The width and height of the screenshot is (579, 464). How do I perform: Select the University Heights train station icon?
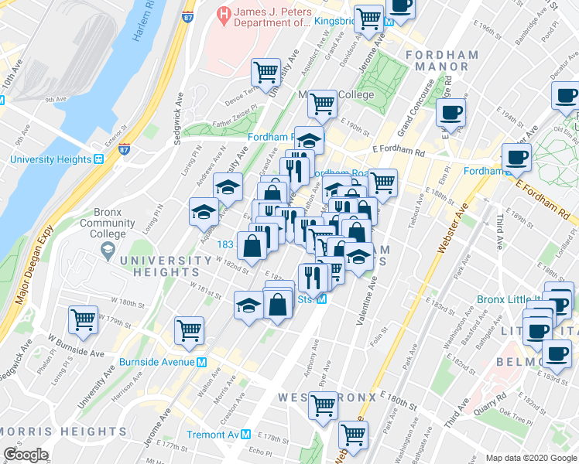pos(99,159)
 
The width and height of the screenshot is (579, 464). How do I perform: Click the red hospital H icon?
pos(224,12)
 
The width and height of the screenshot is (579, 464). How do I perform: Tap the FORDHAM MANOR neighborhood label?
pos(437,60)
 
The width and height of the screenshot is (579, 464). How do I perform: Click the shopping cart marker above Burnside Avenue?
pos(189,331)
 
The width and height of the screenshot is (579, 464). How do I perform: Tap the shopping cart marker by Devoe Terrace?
pos(266,72)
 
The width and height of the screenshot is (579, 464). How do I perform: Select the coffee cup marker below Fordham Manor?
pos(451,113)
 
